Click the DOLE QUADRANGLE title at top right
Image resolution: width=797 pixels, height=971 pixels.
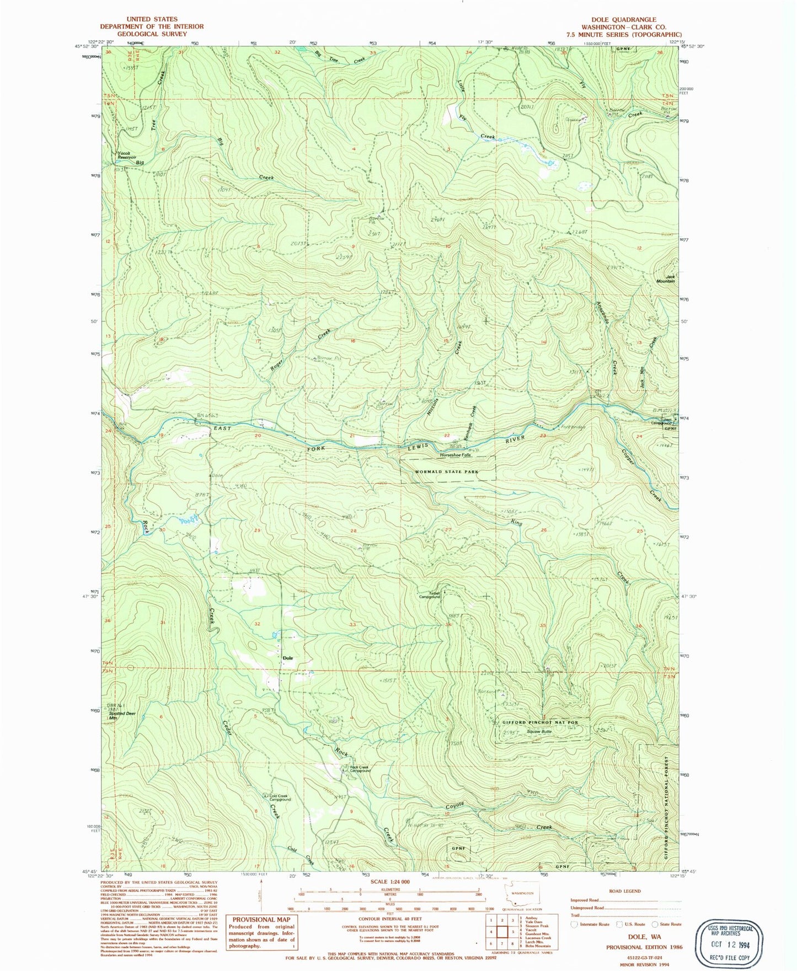click(x=624, y=19)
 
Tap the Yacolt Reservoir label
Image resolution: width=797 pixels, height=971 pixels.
click(x=126, y=155)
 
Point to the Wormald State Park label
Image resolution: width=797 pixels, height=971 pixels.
click(x=446, y=472)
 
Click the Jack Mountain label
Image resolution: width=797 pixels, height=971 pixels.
click(x=666, y=279)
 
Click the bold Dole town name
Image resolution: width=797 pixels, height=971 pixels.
click(x=287, y=658)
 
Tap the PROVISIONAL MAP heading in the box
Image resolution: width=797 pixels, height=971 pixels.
click(x=261, y=919)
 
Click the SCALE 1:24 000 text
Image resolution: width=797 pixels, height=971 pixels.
click(x=390, y=882)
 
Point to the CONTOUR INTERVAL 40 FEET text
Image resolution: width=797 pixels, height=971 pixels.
click(x=390, y=919)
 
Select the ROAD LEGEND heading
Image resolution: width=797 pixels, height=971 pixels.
click(x=623, y=891)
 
